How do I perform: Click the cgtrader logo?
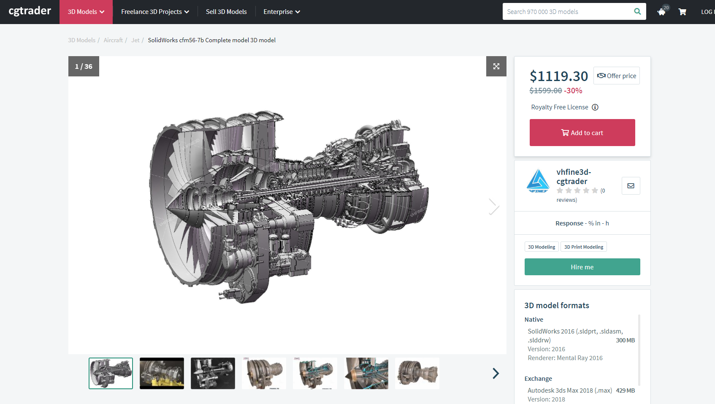coord(30,11)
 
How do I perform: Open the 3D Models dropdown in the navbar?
coord(86,12)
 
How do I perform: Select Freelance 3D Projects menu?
coord(155,12)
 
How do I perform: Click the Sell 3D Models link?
coord(226,12)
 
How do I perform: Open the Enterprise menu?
coord(282,12)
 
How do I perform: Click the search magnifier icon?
coord(637,11)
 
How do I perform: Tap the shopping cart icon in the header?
coord(682,12)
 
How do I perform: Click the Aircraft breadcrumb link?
coord(113,40)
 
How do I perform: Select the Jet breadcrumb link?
coord(135,40)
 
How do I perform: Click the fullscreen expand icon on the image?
coord(496,66)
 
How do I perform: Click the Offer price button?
coord(616,76)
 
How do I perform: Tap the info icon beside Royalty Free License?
coord(595,107)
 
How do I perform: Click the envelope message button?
coord(631,186)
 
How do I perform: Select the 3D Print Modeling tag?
coord(583,247)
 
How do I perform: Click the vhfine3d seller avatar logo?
coord(538,181)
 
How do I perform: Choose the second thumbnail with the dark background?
coord(162,373)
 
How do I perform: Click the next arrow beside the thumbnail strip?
coord(496,373)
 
